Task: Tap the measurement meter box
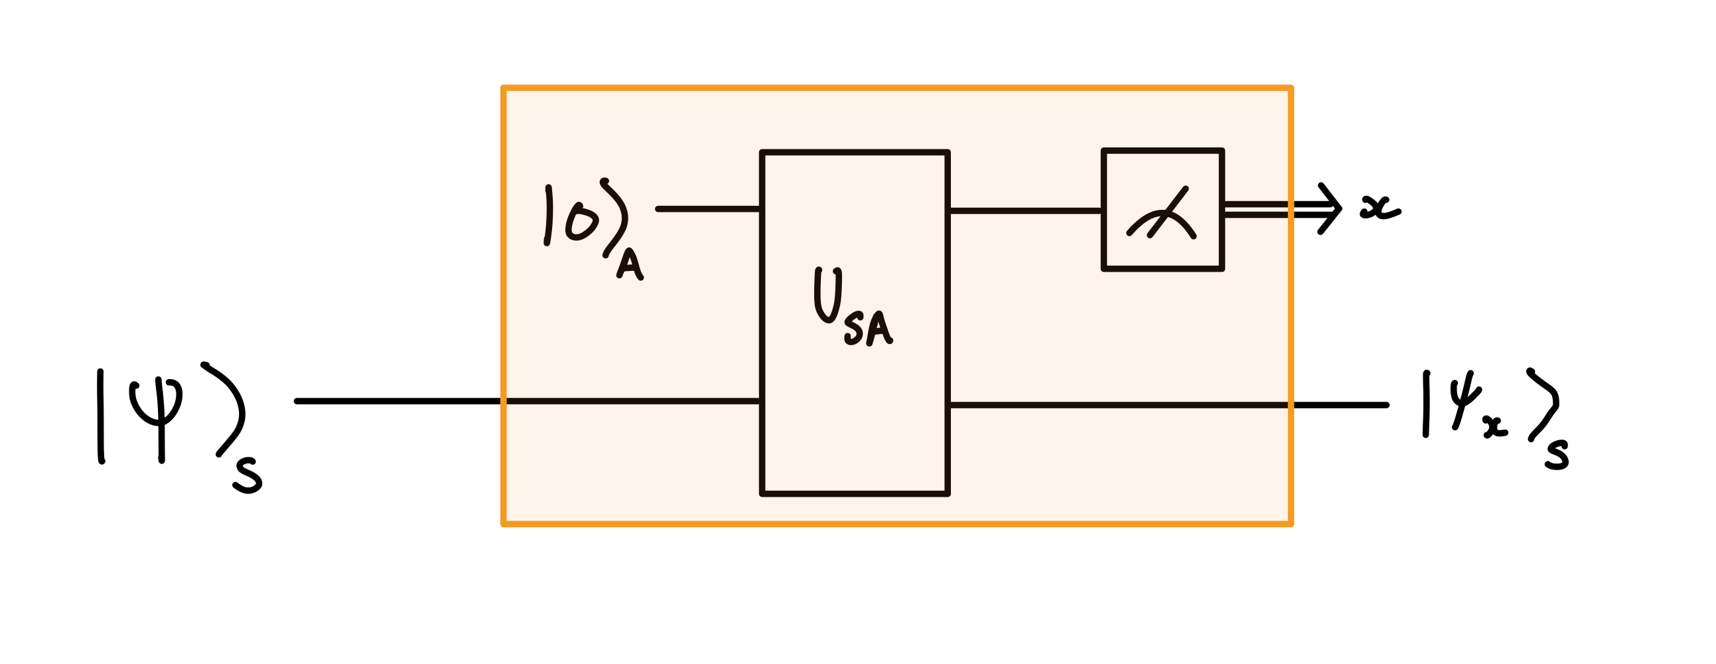(x=1163, y=209)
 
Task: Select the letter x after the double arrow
(x=1380, y=207)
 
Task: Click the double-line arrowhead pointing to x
(x=1330, y=208)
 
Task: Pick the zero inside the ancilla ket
(x=581, y=222)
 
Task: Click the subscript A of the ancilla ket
(x=630, y=264)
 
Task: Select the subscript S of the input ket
(x=248, y=478)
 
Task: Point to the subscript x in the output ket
(x=1495, y=428)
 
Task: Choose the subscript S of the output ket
(x=1557, y=456)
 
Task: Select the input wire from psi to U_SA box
(x=526, y=401)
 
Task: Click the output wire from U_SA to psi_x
(x=1166, y=404)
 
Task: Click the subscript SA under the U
(x=868, y=329)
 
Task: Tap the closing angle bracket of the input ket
(x=228, y=410)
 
